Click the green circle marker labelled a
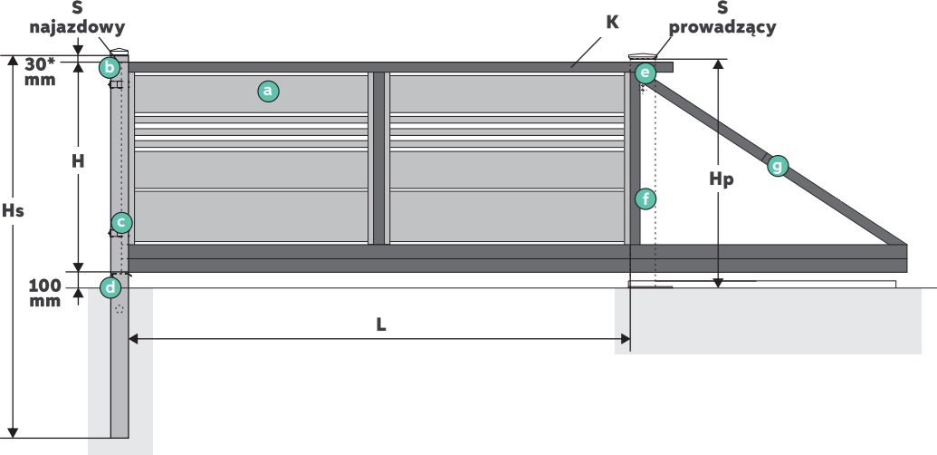[x=267, y=91]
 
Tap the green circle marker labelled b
[x=110, y=67]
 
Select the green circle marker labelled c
[x=121, y=222]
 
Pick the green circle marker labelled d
[x=110, y=288]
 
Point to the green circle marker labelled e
[x=645, y=73]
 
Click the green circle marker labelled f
[x=645, y=198]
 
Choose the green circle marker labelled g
[x=777, y=165]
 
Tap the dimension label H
[x=78, y=161]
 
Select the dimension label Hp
[x=721, y=179]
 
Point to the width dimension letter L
[x=381, y=324]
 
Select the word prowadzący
[x=722, y=28]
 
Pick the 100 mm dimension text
[x=44, y=293]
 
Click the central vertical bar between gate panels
[x=379, y=158]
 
